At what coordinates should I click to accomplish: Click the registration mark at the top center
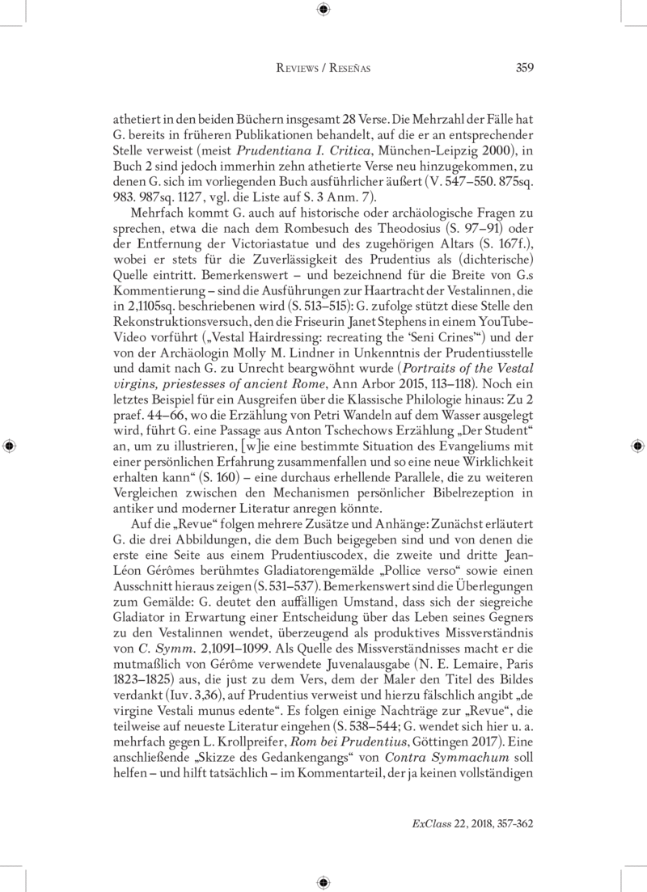(323, 9)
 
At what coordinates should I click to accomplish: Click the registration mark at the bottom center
(323, 882)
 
